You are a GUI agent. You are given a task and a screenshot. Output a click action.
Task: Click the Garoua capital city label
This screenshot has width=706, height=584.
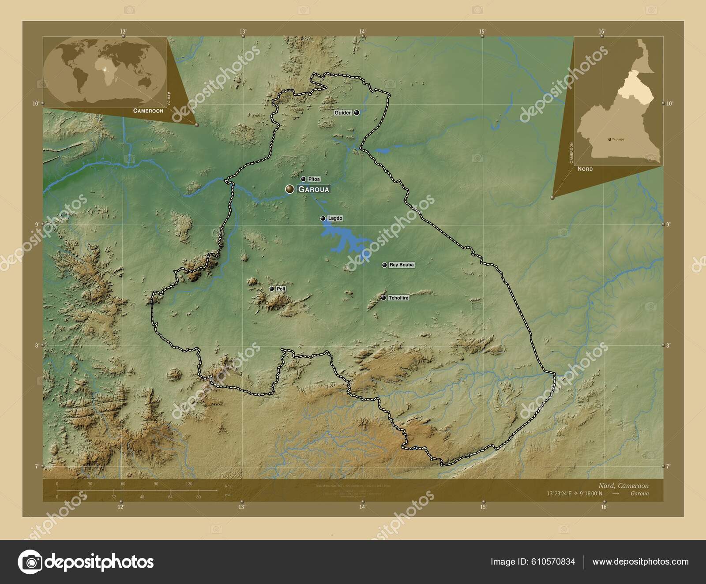click(x=314, y=189)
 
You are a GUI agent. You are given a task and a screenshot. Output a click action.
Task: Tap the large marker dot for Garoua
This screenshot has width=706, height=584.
click(x=290, y=189)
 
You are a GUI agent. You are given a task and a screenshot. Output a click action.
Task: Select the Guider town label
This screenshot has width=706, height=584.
click(x=342, y=113)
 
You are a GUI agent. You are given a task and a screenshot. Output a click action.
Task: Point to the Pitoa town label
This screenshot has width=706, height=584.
click(x=314, y=179)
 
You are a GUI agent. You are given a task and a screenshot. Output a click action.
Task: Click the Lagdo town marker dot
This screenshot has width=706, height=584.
click(x=323, y=218)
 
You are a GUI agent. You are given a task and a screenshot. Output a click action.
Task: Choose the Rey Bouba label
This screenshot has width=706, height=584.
click(x=402, y=265)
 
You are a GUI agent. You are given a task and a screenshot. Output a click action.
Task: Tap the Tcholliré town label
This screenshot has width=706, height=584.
click(x=398, y=298)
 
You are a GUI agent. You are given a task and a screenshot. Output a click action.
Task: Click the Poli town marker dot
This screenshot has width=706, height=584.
click(x=272, y=289)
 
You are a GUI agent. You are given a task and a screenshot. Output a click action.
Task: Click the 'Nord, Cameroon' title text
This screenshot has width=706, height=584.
click(x=623, y=486)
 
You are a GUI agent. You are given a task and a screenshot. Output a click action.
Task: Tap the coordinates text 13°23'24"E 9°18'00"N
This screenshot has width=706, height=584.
click(x=574, y=494)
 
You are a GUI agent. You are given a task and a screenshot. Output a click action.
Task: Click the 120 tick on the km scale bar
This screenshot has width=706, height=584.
click(x=189, y=484)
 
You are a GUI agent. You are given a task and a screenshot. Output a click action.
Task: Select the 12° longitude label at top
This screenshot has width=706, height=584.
click(x=123, y=31)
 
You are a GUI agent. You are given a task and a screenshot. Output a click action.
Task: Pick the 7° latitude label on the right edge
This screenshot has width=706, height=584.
click(x=668, y=466)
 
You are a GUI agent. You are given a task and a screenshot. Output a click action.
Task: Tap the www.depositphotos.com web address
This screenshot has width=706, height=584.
click(x=640, y=562)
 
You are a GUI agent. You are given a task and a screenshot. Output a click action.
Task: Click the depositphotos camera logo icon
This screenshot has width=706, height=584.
click(x=30, y=562)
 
